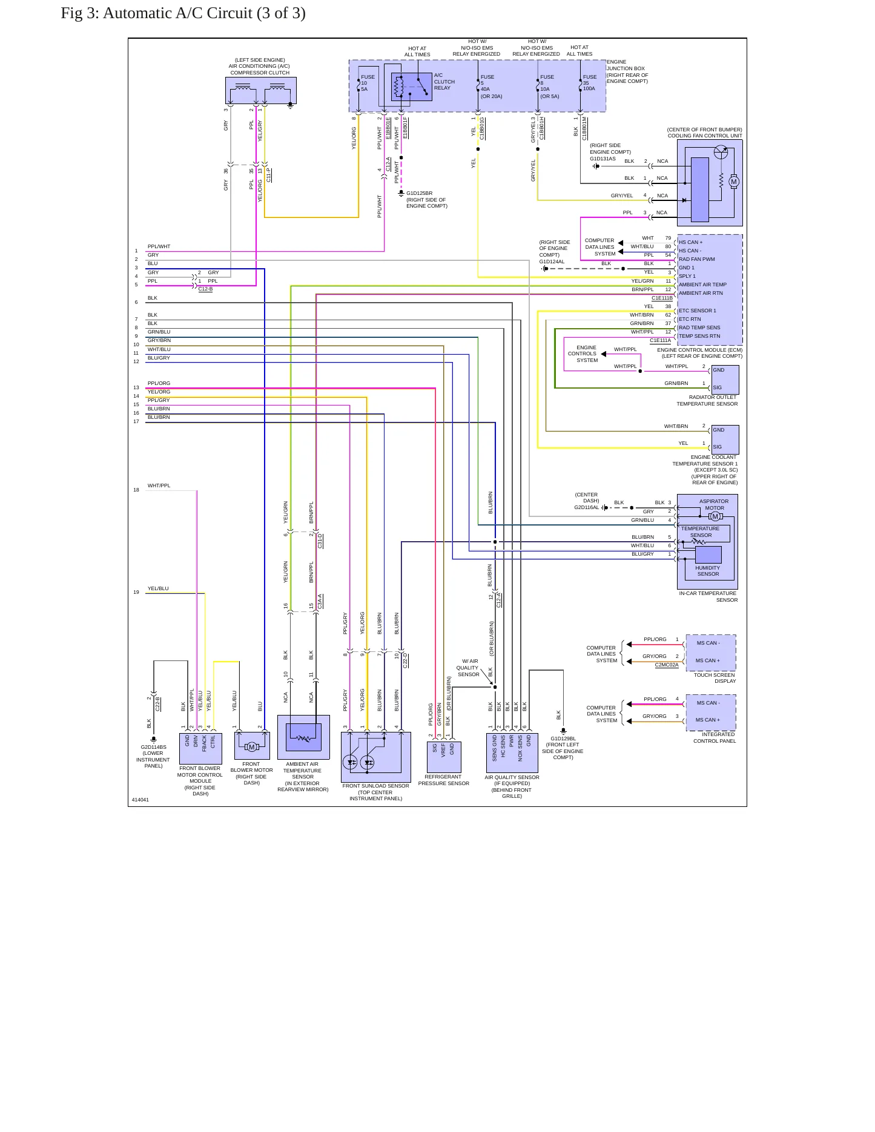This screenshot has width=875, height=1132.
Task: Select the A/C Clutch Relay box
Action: tap(412, 87)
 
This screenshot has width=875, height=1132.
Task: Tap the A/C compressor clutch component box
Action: tap(261, 91)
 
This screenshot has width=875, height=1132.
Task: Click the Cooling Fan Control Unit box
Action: tap(710, 183)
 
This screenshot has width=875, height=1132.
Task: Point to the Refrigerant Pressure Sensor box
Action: tap(444, 757)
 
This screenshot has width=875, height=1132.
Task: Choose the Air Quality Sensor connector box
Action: tap(512, 753)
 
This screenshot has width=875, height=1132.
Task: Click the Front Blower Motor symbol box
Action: tap(252, 745)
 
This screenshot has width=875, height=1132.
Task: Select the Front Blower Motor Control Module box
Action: tap(200, 748)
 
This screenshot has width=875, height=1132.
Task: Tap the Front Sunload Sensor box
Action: tap(375, 757)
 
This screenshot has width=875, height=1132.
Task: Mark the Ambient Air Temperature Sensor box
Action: tap(303, 737)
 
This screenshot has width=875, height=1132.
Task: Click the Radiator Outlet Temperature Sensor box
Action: tap(725, 379)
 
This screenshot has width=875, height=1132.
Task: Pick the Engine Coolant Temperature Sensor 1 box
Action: tap(725, 439)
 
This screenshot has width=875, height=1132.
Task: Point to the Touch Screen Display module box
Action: tap(711, 653)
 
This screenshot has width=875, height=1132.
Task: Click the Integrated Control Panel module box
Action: tap(711, 712)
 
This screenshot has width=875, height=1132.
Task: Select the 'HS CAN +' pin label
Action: tap(690, 242)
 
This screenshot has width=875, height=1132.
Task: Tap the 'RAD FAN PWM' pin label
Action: tap(696, 259)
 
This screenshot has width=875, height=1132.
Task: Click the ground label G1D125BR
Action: tap(419, 193)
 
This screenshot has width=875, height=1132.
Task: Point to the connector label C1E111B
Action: tap(662, 298)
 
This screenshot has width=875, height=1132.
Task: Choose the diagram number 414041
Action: tap(140, 800)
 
